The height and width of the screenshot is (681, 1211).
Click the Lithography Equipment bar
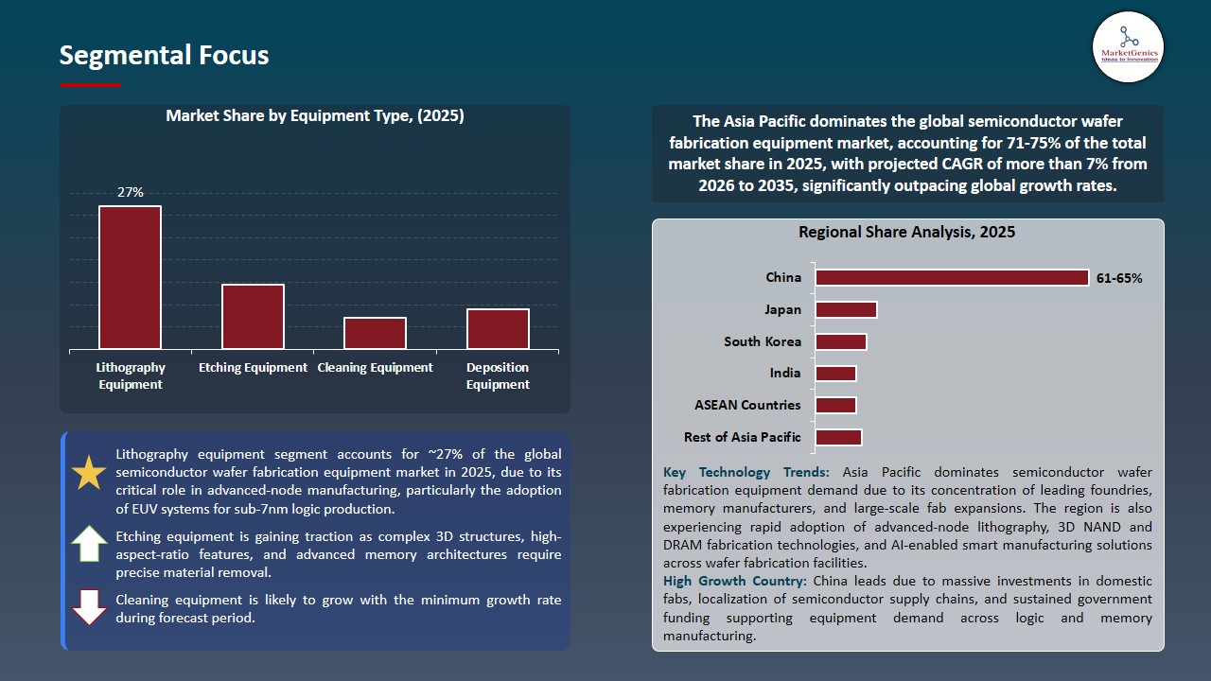click(130, 277)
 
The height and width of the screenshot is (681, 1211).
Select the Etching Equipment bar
click(253, 317)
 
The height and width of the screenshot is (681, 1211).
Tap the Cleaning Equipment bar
click(375, 333)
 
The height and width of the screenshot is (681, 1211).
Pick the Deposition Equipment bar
click(498, 329)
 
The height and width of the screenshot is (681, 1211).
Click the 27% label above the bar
click(131, 192)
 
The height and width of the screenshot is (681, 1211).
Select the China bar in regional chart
click(952, 277)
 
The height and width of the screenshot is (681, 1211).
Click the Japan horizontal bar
click(846, 309)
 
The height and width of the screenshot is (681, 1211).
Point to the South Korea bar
click(840, 341)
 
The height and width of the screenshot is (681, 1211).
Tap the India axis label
click(785, 373)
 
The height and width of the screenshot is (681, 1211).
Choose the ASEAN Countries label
click(747, 405)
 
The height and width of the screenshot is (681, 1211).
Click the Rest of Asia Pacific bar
click(838, 437)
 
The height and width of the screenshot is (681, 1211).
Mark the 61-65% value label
click(1119, 278)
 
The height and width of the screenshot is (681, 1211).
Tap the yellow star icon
click(89, 472)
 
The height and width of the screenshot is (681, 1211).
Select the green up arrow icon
click(89, 545)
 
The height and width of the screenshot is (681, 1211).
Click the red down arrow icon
click(89, 607)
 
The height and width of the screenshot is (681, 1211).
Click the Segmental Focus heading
click(164, 55)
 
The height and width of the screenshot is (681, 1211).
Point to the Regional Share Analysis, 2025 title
click(906, 232)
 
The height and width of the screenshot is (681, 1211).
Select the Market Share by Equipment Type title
click(315, 115)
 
